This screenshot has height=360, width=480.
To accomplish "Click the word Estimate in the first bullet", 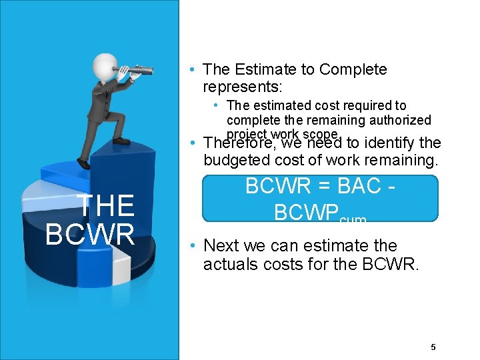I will point(255,69).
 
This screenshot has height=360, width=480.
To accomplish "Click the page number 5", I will point(433,347).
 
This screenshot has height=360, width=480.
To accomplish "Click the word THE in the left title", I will point(107,206).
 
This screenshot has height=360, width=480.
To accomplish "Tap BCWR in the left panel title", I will point(91,233).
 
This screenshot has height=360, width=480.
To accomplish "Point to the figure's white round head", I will point(106,66).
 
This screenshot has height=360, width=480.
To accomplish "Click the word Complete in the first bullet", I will point(353,69).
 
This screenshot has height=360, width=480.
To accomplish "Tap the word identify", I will point(387,143).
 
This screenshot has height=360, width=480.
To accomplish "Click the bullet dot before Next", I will point(192,246).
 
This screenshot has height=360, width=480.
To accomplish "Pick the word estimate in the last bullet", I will point(341,246).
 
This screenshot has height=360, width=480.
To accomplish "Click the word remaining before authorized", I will point(341,120).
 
